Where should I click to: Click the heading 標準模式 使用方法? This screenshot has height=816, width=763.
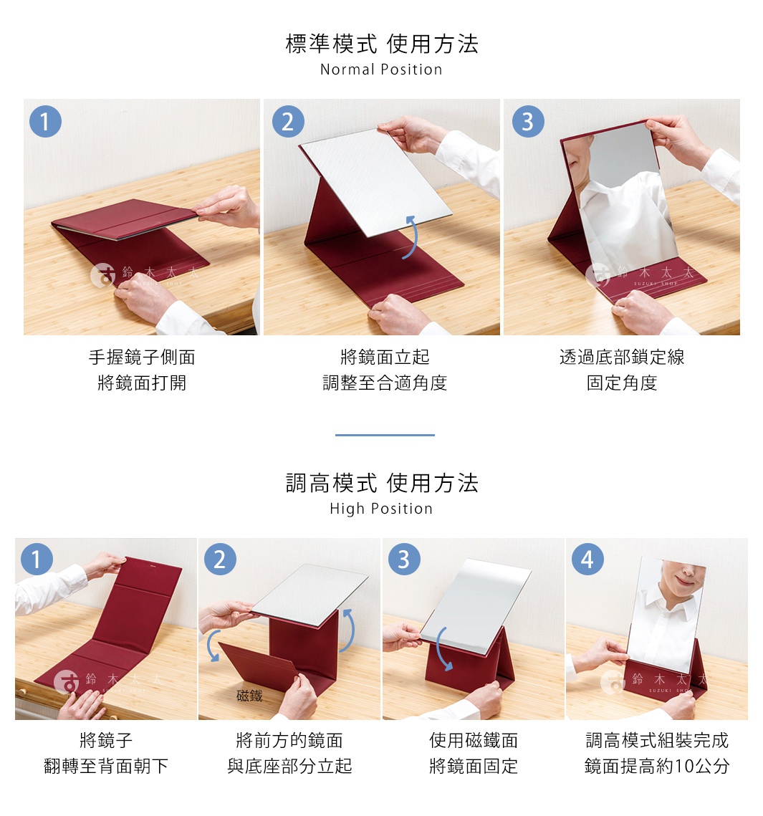click(381, 44)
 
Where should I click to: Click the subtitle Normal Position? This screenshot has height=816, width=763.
click(381, 69)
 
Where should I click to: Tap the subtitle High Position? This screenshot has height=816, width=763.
click(381, 509)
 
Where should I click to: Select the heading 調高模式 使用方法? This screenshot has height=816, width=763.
click(381, 483)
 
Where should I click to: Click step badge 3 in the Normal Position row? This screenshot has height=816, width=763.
click(528, 122)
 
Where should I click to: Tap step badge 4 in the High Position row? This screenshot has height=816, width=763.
click(587, 560)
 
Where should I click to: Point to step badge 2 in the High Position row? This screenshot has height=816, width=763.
click(220, 560)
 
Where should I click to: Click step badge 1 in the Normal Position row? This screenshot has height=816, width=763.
click(45, 122)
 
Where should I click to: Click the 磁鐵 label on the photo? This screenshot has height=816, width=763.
click(249, 696)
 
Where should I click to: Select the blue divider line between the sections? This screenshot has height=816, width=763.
click(385, 435)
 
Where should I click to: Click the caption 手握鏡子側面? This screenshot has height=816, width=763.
click(142, 357)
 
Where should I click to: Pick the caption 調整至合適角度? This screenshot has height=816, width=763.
click(385, 383)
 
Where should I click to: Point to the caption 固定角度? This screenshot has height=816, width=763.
click(621, 383)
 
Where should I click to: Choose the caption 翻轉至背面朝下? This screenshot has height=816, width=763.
click(106, 766)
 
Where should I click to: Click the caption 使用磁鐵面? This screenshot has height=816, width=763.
click(473, 740)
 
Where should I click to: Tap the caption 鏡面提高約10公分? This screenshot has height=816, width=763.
click(657, 766)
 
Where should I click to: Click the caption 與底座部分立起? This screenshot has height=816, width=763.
click(289, 766)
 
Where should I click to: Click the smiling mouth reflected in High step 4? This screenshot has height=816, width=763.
click(683, 579)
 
